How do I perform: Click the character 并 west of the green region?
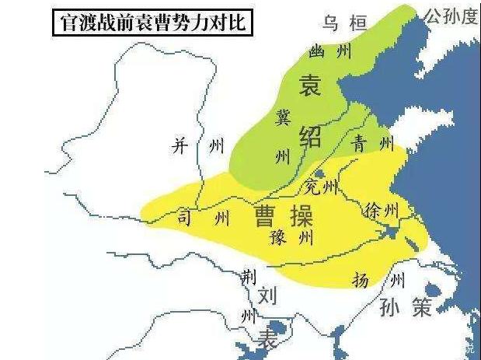180,147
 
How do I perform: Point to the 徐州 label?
381,209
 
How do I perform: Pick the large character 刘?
267,295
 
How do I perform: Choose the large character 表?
267,339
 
